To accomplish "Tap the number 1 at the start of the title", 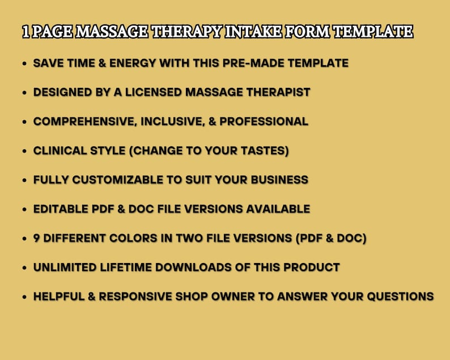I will point(26,32).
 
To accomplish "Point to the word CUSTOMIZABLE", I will point(117,180).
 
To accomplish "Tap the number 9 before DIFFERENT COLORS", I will point(37,239).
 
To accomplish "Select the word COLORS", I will point(142,239).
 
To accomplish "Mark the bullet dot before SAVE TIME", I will point(24,63).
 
